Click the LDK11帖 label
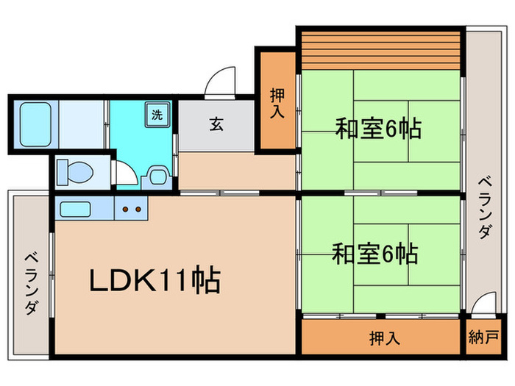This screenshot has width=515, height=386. (155, 280)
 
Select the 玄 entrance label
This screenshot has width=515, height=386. (216, 124)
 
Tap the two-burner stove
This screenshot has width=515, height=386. (131, 210)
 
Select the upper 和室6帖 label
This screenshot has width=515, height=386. (377, 129)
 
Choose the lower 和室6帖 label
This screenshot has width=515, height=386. (374, 254)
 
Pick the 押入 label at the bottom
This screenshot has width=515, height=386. (384, 339)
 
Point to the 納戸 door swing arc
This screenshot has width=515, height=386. (483, 304)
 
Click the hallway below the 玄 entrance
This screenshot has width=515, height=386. (235, 171)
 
